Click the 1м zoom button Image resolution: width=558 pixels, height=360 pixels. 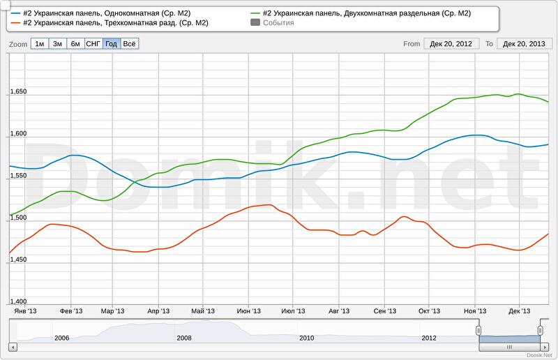pos(40,44)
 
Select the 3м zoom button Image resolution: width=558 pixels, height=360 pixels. pos(58,44)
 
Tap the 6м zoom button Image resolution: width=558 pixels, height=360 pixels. pos(75,44)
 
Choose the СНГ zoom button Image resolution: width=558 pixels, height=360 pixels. pos(93,44)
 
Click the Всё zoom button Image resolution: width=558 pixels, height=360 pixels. pos(130,44)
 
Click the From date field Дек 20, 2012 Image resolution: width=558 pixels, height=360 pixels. pos(451,44)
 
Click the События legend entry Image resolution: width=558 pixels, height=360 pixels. pos(278,23)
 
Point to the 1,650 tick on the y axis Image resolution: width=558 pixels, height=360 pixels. pos(18,91)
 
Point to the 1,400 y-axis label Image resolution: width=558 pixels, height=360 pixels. pos(18,301)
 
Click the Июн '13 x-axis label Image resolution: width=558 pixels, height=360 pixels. pos(249,311)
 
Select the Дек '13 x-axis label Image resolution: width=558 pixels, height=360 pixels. pos(520,311)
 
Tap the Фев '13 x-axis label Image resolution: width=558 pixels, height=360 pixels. pos(71,311)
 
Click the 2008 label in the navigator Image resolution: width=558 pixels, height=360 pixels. pos(184,338)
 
